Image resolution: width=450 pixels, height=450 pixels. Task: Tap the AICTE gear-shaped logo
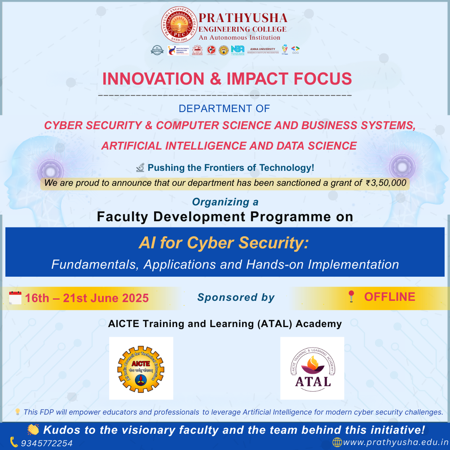point(141,368)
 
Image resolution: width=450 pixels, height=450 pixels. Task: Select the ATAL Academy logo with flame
point(312,368)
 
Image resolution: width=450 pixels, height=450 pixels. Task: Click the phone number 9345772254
point(47,443)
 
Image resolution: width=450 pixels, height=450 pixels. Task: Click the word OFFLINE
point(390,297)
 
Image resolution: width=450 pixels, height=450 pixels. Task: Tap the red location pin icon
point(351,297)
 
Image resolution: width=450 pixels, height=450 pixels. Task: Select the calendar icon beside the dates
point(15,298)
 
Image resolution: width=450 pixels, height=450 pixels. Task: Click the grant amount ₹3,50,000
point(386,182)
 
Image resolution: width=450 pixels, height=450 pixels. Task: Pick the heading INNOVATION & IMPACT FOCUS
point(227,79)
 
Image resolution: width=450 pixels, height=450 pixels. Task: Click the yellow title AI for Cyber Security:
point(224,243)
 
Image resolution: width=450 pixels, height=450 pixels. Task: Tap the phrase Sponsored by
point(236,297)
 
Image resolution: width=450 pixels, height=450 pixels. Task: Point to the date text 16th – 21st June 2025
point(87,298)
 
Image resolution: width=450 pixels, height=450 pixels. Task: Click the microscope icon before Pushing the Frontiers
point(140,167)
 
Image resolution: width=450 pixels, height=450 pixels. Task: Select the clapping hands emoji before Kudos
point(33,430)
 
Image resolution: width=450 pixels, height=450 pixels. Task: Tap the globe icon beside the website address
point(337,442)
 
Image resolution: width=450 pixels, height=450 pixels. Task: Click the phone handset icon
point(14,442)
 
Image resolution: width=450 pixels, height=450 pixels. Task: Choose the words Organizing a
point(225,202)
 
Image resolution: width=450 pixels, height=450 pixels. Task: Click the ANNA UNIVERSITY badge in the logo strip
point(262,50)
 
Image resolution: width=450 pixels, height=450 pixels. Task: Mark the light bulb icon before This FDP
point(17,412)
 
